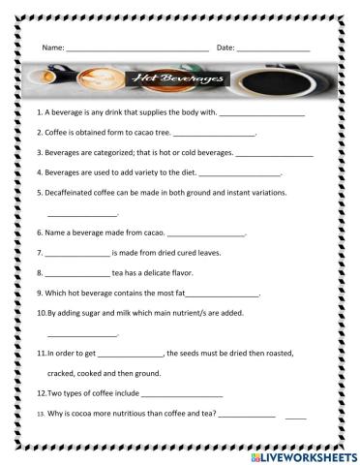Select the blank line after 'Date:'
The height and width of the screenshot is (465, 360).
point(274,48)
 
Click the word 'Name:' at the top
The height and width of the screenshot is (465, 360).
point(53,46)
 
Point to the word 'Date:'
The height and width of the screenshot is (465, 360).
point(225,46)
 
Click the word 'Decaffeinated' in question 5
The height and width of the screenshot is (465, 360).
point(70,192)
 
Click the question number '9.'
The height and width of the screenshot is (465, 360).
point(40,293)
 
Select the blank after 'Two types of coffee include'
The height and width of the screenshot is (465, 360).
point(182,395)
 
